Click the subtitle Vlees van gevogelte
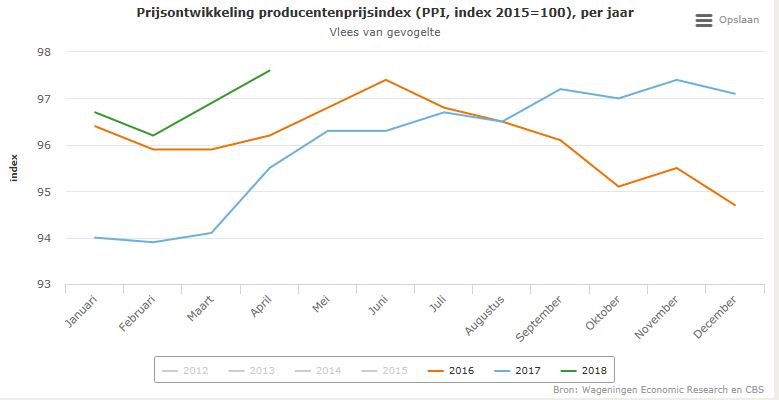coord(385,32)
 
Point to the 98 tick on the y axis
coord(44,52)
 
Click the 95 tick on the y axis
coord(44,192)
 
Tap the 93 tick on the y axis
coord(44,285)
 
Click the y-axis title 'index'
coord(14,168)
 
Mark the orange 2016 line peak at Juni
coord(386,80)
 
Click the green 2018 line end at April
coord(270,70)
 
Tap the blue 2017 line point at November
coord(677,80)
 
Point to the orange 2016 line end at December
coord(735,205)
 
